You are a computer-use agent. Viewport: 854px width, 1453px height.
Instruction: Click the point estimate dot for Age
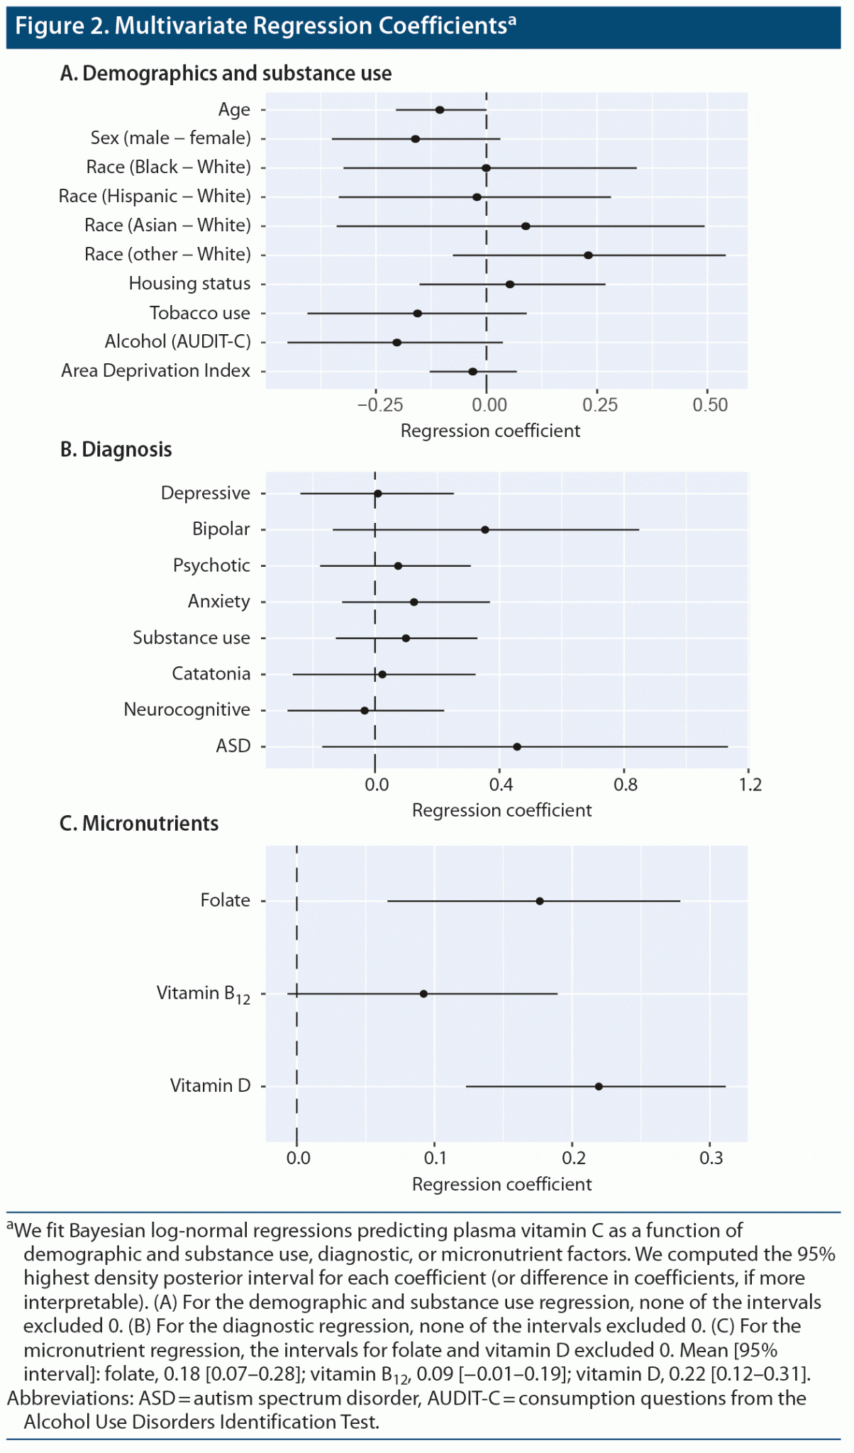tap(440, 110)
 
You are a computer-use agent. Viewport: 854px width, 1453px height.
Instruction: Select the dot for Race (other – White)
tap(588, 255)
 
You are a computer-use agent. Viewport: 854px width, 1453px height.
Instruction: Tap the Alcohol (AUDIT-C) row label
tap(177, 342)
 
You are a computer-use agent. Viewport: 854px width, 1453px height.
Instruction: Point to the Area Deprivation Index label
tap(155, 371)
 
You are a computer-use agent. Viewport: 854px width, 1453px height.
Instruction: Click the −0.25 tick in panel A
tap(379, 405)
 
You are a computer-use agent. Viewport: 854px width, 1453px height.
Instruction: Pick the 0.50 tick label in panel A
tap(710, 405)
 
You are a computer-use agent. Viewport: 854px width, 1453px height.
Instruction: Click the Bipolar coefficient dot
tap(485, 530)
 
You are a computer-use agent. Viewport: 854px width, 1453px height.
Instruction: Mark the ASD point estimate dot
tap(517, 747)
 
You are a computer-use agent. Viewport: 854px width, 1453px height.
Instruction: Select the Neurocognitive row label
tap(187, 710)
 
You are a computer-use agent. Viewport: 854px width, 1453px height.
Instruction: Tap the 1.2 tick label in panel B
tap(750, 785)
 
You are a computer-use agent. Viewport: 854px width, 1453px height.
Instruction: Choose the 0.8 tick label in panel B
tap(626, 785)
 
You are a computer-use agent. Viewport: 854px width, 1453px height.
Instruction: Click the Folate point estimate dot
tap(540, 901)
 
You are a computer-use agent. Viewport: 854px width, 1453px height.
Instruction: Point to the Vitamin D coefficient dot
tap(599, 1086)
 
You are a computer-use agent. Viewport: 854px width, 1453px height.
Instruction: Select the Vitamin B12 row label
tap(203, 994)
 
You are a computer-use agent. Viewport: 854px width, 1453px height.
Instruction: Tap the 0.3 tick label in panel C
tap(711, 1159)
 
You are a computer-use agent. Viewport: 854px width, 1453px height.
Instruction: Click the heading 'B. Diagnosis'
tap(116, 450)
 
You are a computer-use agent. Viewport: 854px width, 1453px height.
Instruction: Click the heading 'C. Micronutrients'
tap(139, 824)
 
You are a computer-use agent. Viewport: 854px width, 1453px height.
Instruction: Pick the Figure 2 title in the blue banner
tap(265, 26)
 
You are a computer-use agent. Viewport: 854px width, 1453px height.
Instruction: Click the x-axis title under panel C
tap(501, 1184)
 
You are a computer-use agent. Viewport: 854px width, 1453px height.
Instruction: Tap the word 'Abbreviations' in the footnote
tap(62, 1398)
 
